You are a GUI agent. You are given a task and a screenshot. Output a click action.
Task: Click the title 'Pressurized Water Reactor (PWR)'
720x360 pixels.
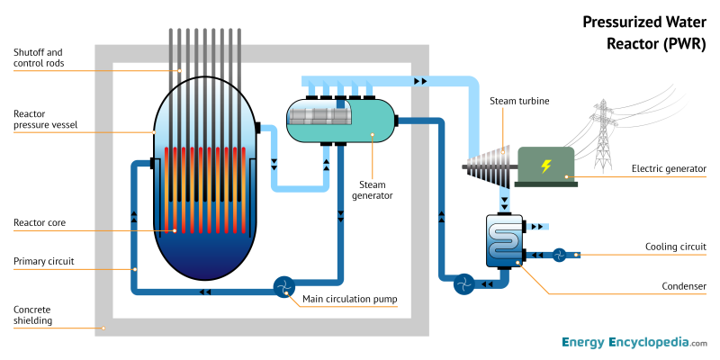coord(644,31)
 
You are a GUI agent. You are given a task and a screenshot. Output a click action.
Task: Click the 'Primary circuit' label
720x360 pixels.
coord(44,262)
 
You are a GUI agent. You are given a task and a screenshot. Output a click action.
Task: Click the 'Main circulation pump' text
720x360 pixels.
coord(350,299)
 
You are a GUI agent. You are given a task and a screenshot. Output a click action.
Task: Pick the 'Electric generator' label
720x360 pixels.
coord(669,167)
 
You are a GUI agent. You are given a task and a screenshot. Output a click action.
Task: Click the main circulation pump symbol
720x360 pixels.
coord(284,287)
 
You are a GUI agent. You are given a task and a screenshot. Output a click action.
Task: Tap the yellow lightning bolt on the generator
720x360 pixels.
coord(544,165)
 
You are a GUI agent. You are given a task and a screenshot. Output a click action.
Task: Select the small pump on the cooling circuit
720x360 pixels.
coord(559,255)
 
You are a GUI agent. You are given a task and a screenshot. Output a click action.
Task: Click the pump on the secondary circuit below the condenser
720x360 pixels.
coord(463,283)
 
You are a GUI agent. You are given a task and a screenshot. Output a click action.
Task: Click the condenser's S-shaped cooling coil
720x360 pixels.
coord(505,239)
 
